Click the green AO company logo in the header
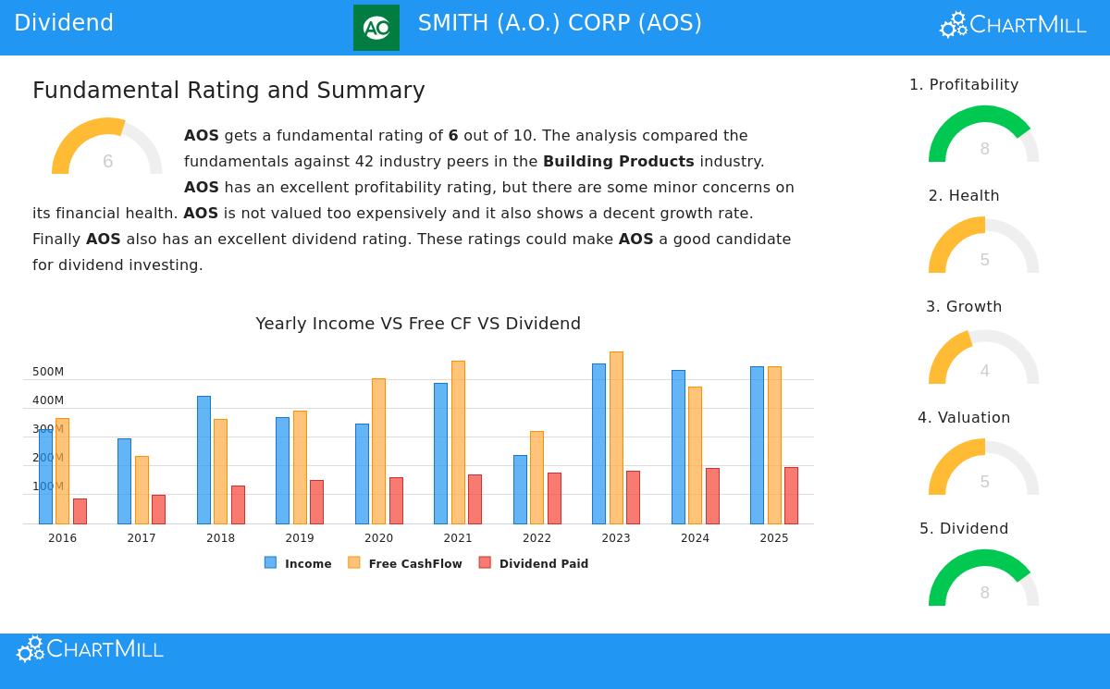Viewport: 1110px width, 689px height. (x=376, y=28)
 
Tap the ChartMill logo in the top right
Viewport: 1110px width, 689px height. (x=1013, y=25)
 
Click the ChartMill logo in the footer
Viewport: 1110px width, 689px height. (x=90, y=649)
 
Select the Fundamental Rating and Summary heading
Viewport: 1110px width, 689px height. (x=228, y=91)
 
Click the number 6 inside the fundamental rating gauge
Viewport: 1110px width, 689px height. (x=107, y=162)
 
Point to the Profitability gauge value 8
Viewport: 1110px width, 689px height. (x=984, y=149)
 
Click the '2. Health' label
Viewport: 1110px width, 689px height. (x=963, y=195)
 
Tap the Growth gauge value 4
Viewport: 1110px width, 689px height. (x=984, y=371)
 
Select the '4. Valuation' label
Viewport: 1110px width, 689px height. (x=963, y=417)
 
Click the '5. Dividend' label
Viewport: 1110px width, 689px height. (x=963, y=528)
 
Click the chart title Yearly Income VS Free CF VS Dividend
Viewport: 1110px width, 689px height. (x=418, y=324)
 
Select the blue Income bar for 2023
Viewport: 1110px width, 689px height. (x=598, y=444)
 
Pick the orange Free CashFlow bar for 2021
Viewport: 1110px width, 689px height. (x=458, y=442)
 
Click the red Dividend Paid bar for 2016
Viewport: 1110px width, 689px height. (x=80, y=511)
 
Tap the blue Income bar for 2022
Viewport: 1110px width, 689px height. (x=520, y=489)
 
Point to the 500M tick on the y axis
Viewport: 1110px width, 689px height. (x=48, y=372)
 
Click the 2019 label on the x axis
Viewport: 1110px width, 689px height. (x=300, y=538)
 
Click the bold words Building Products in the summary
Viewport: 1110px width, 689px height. (x=618, y=161)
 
